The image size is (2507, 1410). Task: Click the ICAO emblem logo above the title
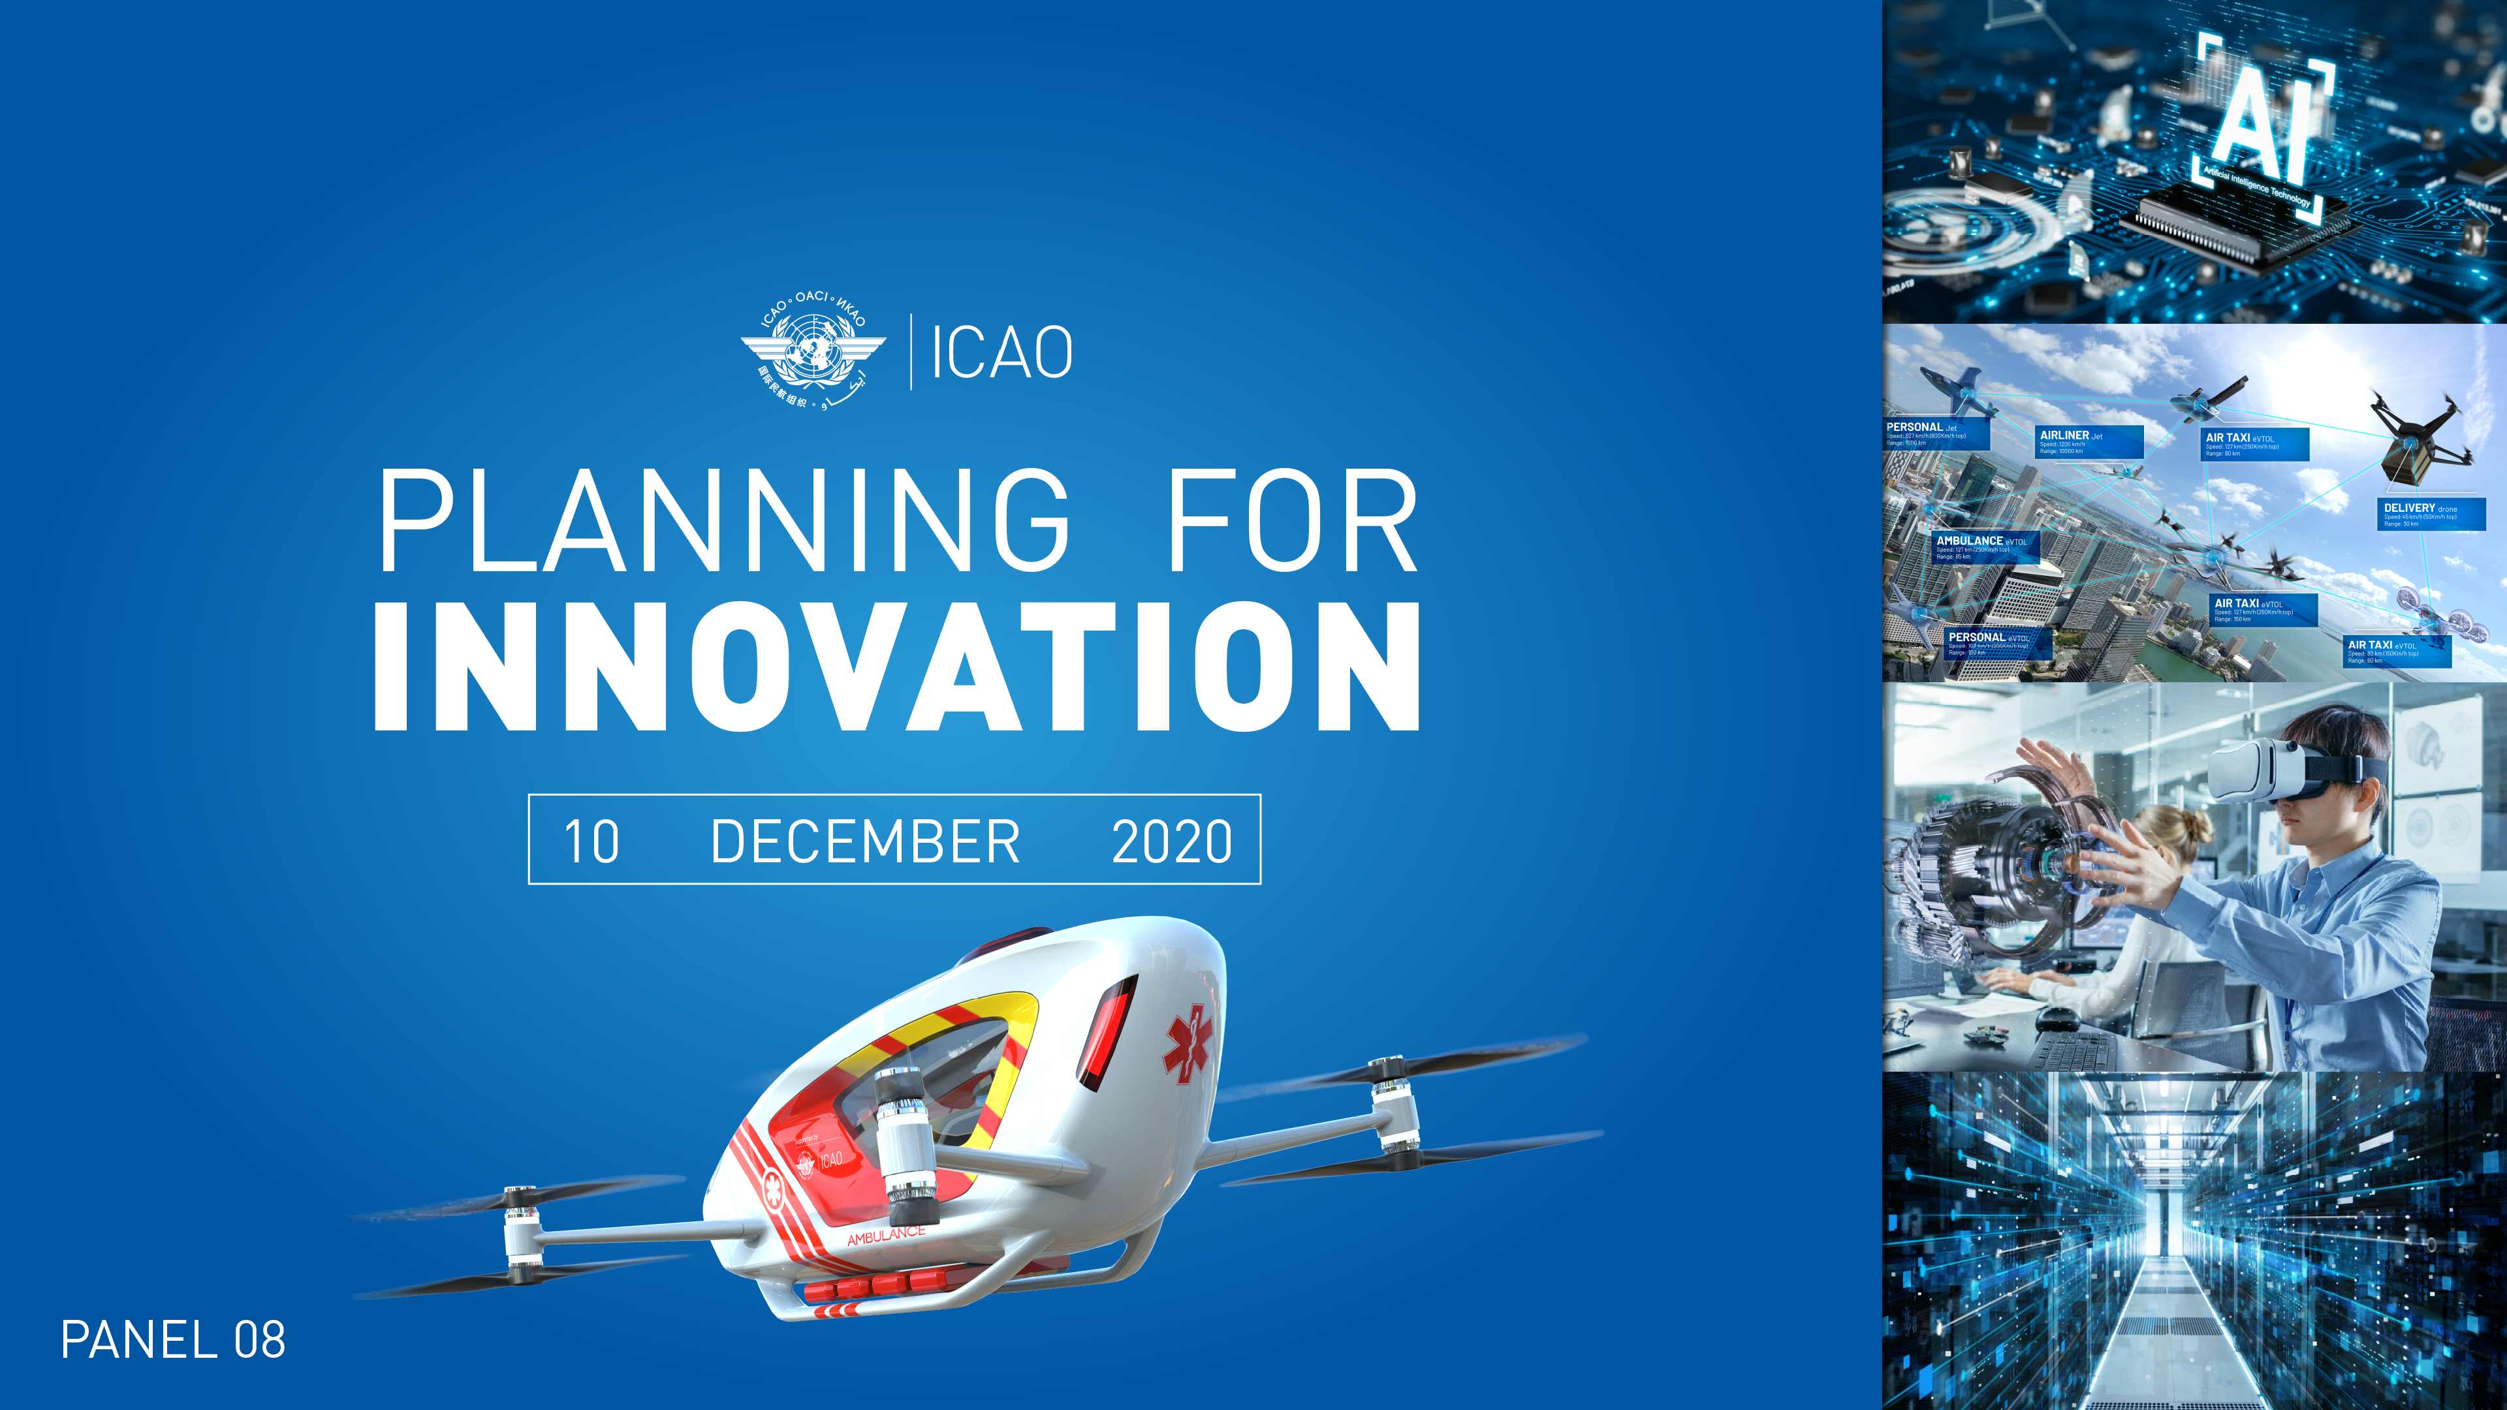point(813,351)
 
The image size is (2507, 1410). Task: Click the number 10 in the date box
point(591,841)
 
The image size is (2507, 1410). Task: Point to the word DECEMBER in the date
point(865,841)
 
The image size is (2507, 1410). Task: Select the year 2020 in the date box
point(1172,841)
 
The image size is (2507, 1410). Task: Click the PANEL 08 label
point(173,1340)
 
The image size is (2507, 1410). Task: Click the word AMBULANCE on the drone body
point(886,1236)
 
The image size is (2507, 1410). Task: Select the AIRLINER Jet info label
point(2089,442)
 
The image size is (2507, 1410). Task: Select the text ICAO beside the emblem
point(1001,352)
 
